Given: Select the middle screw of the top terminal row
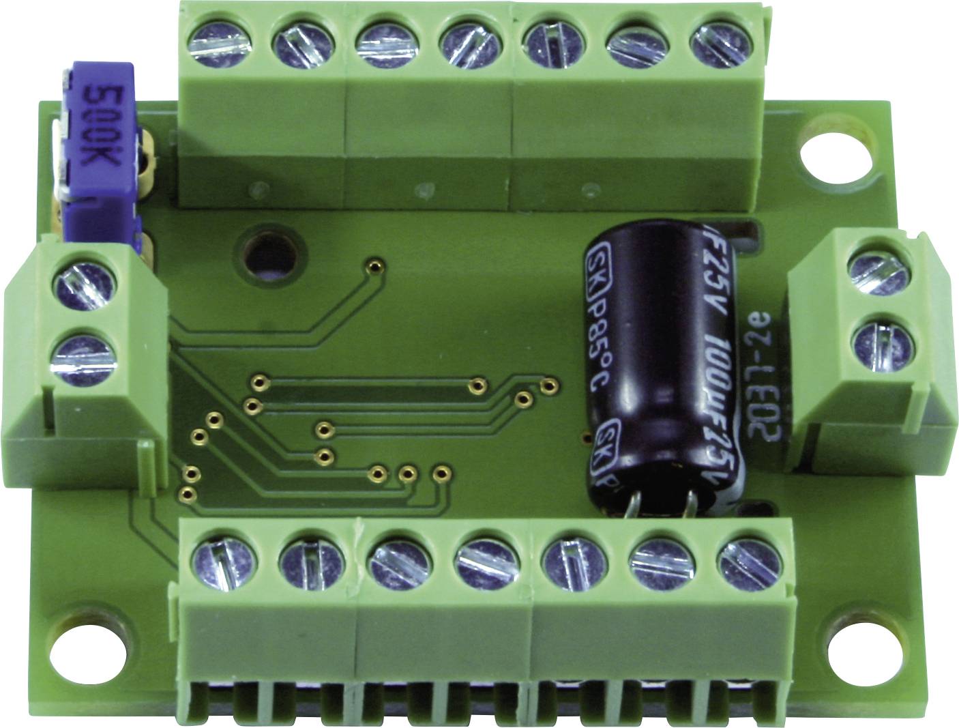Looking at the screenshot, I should click(x=468, y=46).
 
